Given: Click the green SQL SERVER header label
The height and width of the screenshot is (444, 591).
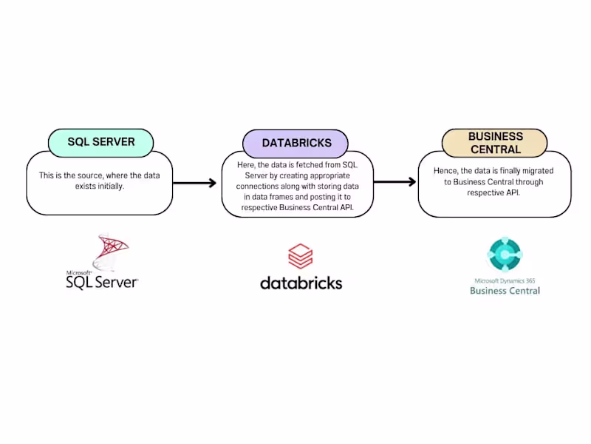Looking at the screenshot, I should [x=100, y=142].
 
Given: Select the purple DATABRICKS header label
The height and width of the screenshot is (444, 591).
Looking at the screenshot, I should [x=296, y=143].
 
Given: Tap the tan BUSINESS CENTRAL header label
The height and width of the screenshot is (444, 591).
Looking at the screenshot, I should [x=494, y=143].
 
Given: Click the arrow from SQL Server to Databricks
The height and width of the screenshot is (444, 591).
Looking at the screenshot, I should [x=196, y=183].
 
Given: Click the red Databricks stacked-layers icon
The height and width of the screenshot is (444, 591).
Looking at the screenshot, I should [x=300, y=257].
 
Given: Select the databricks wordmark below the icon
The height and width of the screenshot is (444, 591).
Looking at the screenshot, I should [x=301, y=282].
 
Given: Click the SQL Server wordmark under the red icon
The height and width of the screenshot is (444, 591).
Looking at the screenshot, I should [x=102, y=281].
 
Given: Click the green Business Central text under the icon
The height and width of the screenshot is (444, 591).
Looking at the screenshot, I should [x=505, y=291].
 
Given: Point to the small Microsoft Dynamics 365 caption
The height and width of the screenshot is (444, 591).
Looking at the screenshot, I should [x=505, y=280].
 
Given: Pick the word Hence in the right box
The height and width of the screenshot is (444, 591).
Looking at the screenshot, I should [x=445, y=170].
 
